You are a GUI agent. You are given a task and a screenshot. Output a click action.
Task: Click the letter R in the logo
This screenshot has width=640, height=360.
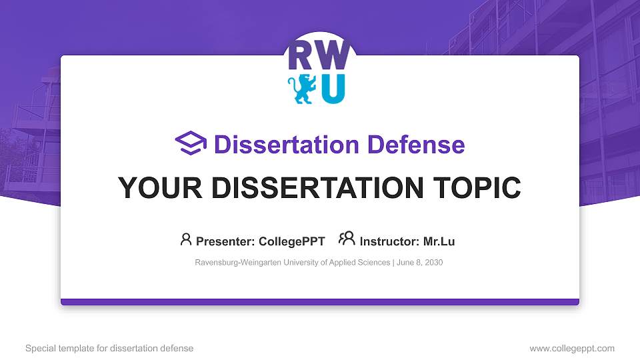pos(298,57)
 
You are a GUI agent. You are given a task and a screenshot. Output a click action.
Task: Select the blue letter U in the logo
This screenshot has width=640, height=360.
pos(333,89)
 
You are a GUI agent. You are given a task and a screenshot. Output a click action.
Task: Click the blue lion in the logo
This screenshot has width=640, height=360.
pos(301,89)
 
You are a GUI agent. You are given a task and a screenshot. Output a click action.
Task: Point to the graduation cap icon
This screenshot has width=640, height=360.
pos(191,143)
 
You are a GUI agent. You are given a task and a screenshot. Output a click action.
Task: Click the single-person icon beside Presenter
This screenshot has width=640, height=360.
pos(186,239)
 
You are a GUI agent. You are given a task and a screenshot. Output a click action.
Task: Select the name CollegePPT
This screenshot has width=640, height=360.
pos(293,241)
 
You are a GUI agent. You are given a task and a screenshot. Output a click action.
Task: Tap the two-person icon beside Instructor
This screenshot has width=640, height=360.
pos(347,239)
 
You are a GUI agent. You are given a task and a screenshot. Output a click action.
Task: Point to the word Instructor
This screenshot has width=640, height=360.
pos(389,241)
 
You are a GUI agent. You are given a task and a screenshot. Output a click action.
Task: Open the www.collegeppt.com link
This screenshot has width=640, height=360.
pos(571,348)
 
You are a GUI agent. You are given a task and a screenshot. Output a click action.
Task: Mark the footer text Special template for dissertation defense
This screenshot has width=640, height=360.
pos(109,348)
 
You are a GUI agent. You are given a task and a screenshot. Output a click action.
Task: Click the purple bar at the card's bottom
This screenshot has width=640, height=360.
pos(320,302)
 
